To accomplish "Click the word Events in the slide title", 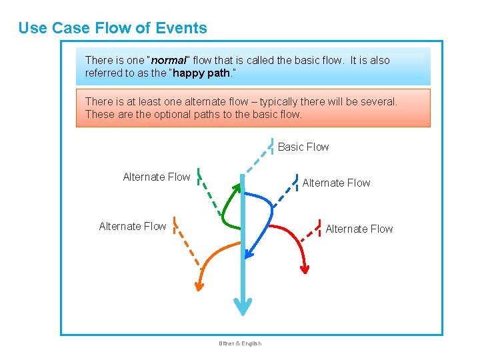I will [x=181, y=28].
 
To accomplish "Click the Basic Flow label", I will [x=303, y=147].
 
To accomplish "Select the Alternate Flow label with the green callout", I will [x=157, y=177].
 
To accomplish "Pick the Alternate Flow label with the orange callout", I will [x=133, y=226].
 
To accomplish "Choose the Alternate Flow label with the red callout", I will [x=359, y=229].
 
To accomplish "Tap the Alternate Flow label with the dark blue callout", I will [x=336, y=183].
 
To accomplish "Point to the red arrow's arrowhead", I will [x=305, y=269].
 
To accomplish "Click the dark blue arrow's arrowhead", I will [x=247, y=253].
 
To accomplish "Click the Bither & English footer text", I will [x=240, y=343].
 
